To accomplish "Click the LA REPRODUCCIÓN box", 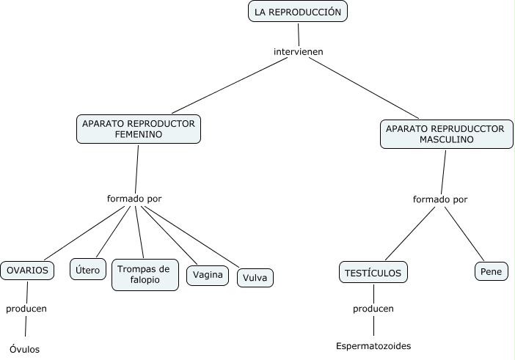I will (x=297, y=12).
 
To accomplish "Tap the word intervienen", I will (x=298, y=51).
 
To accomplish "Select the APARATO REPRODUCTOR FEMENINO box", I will (x=139, y=129).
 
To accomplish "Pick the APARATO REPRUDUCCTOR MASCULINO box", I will (x=445, y=133).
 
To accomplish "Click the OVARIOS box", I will (x=27, y=271).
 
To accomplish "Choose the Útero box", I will (x=87, y=271).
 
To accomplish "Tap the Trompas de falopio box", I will (x=145, y=274).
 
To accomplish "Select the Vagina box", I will (x=208, y=276).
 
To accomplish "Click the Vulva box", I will (x=255, y=278).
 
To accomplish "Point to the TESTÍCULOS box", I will (x=373, y=273).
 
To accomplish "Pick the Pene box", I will (x=489, y=272).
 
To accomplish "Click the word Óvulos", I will (x=25, y=349).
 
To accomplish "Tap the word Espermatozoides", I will (x=373, y=345).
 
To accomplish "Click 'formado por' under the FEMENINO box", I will (x=134, y=198).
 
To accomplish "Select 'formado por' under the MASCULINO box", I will (x=440, y=199).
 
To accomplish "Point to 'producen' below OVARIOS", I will (x=26, y=309).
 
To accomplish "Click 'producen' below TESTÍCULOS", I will (x=373, y=309).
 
